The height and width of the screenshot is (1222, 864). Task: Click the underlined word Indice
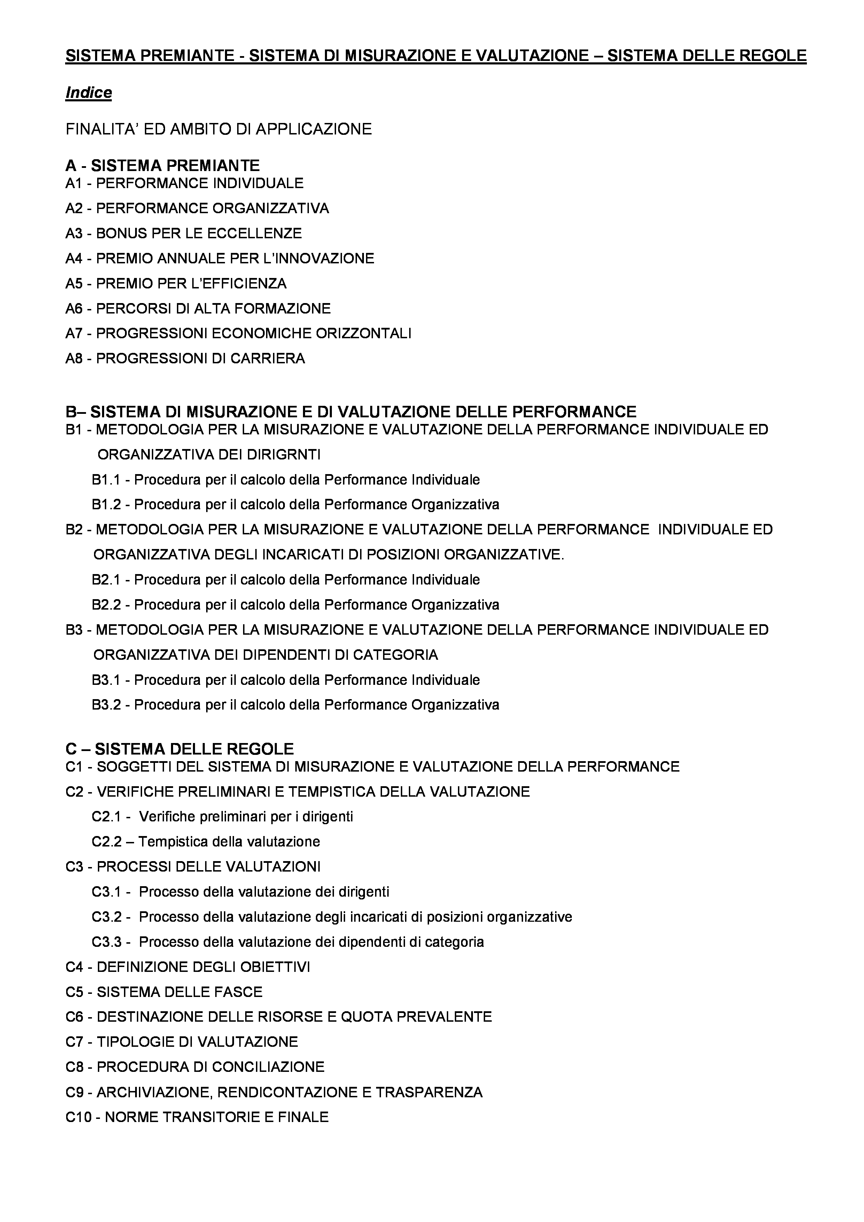pyautogui.click(x=88, y=93)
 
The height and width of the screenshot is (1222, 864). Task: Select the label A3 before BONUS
pyautogui.click(x=75, y=233)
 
